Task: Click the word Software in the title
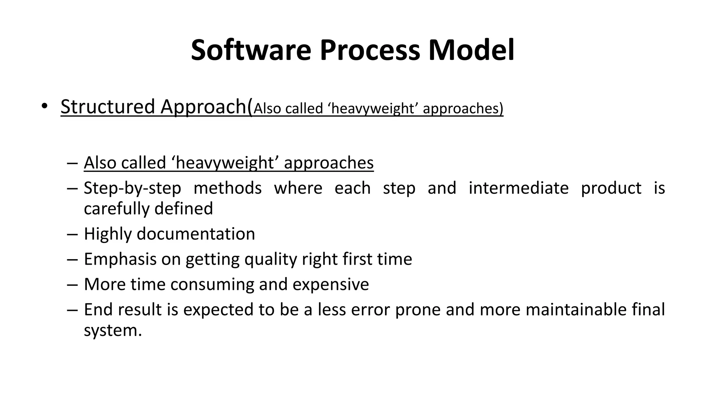251,50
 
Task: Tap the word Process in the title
370,50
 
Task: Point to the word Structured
108,106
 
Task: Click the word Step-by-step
132,189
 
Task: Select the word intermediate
518,188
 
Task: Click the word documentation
195,234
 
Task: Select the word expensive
331,285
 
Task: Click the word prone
418,310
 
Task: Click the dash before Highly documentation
72,234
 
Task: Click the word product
611,189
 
